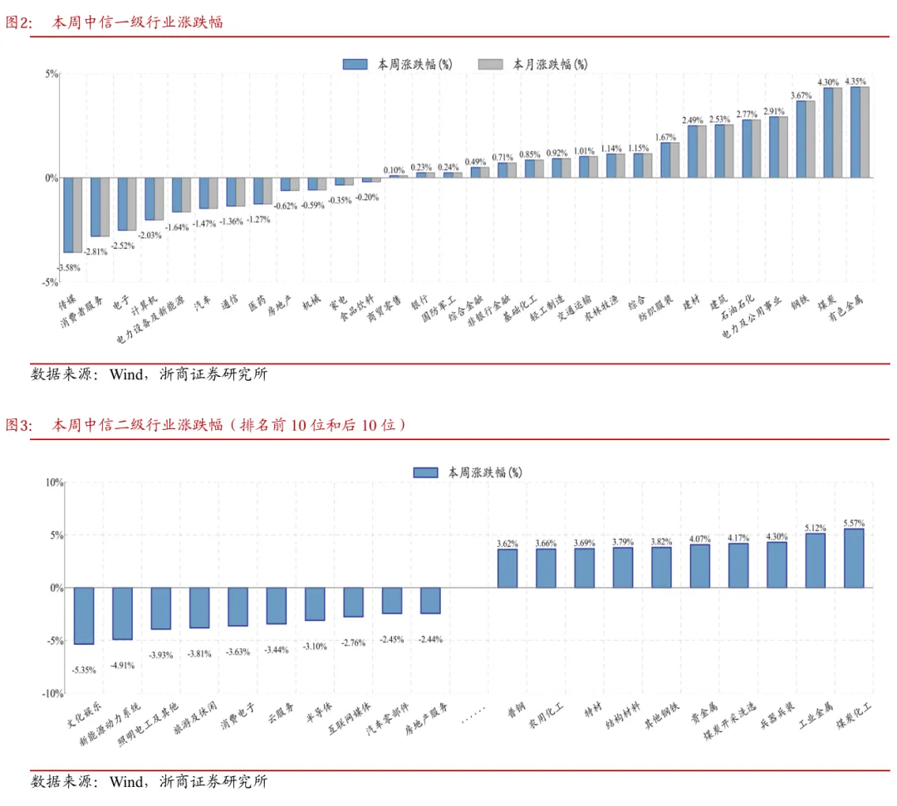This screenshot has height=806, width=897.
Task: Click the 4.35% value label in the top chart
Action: click(x=855, y=81)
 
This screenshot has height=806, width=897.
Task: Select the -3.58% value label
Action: click(x=69, y=267)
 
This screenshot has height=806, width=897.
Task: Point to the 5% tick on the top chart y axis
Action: click(x=51, y=74)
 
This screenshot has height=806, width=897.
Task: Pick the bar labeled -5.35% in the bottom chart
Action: click(x=84, y=616)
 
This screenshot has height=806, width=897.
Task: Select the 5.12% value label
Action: click(x=816, y=528)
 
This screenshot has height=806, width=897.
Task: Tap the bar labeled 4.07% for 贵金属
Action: click(x=700, y=566)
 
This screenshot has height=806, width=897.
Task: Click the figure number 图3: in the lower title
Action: click(x=19, y=425)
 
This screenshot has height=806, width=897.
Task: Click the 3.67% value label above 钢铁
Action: click(x=801, y=95)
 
